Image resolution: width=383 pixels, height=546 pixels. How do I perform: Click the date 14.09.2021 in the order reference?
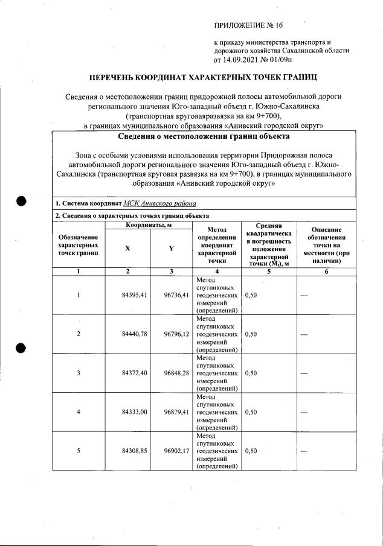click(x=243, y=60)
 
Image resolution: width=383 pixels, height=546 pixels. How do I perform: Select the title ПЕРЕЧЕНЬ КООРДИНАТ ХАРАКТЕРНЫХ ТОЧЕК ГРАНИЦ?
click(x=203, y=78)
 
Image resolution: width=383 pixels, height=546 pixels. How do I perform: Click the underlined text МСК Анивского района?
click(x=159, y=203)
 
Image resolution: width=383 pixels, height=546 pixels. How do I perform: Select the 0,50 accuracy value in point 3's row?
click(x=252, y=373)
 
